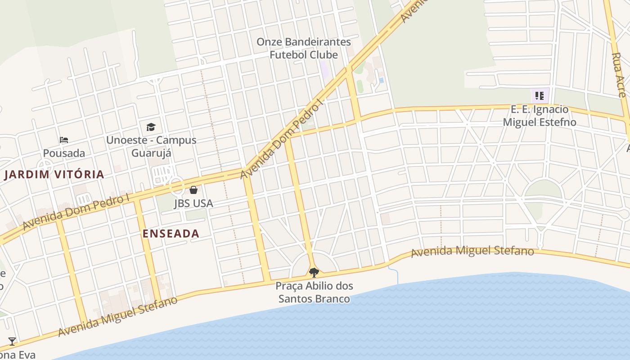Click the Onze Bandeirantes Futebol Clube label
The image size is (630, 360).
pos(303,48)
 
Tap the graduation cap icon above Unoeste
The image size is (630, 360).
pos(151,127)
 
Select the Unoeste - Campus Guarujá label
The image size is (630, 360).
pos(151,146)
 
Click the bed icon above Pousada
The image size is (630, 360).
pos(64,140)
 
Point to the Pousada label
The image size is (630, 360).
pos(64,153)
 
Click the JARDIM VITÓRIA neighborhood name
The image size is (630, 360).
pos(54,175)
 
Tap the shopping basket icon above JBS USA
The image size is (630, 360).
pos(193,190)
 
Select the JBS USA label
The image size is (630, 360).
pos(193,203)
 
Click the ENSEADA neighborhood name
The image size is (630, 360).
pos(171,234)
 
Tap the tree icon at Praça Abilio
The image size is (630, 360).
pos(314,272)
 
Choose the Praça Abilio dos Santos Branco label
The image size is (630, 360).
pos(314,292)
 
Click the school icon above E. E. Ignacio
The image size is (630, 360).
pos(540,95)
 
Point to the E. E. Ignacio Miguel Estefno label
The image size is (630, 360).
pos(539,116)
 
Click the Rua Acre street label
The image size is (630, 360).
pos(618,75)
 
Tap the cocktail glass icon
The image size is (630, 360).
pos(12,342)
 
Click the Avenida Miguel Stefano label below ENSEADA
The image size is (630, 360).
pos(118,316)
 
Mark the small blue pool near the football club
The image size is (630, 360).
pos(382,80)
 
